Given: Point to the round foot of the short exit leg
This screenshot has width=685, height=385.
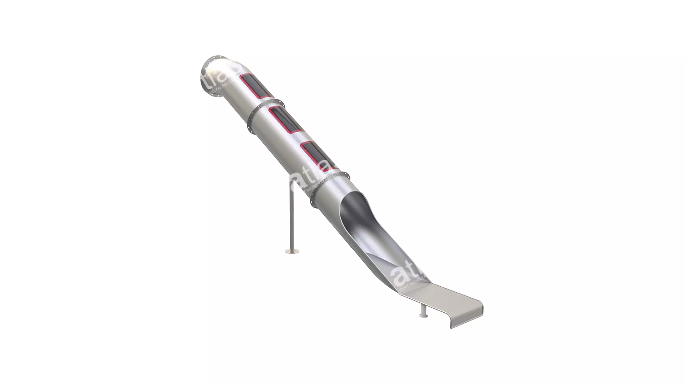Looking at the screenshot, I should pos(423,315).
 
